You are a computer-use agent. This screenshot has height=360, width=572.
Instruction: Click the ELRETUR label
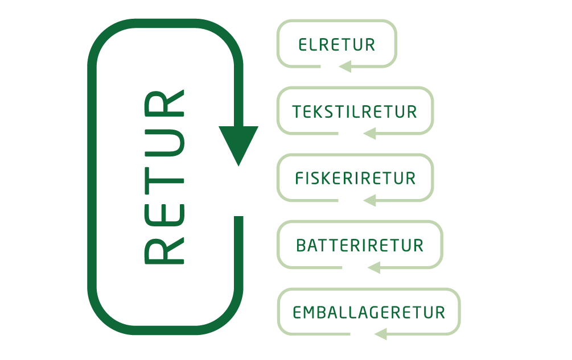tap(337, 45)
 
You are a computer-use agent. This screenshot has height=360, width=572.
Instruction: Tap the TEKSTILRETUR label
tap(355, 111)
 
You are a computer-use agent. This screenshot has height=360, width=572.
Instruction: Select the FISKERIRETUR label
tap(355, 179)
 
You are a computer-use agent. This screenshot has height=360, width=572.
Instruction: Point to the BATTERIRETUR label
tap(360, 246)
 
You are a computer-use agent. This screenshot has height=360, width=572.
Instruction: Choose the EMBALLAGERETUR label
tap(368, 313)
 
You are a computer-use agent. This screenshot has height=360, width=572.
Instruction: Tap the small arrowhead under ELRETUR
tap(344, 67)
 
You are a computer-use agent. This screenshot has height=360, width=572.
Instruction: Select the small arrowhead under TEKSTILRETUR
tap(369, 134)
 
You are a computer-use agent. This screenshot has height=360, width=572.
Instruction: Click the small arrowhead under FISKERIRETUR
tap(369, 200)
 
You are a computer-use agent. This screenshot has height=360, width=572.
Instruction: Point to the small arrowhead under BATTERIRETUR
tap(373, 267)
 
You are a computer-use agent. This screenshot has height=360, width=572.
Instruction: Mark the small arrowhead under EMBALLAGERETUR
tap(380, 334)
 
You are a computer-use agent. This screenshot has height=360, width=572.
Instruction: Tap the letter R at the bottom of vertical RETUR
tap(164, 250)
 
